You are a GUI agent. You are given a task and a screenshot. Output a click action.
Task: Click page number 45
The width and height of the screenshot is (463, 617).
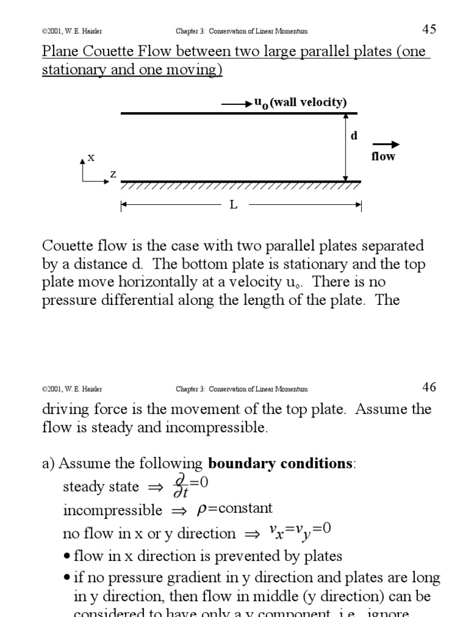[429, 29]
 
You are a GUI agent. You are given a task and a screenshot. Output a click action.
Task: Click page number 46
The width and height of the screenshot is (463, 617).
[429, 387]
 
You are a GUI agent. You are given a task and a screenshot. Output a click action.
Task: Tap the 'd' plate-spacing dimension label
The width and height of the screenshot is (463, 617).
[354, 136]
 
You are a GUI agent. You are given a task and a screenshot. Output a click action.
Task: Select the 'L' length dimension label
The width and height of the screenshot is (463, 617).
[233, 205]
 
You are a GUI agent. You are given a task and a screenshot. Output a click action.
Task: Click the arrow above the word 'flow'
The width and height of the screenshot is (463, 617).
[386, 144]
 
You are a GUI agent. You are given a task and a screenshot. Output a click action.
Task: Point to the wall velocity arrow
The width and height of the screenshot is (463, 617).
[237, 104]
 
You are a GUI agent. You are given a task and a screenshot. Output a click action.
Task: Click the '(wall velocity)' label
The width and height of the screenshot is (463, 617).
[308, 102]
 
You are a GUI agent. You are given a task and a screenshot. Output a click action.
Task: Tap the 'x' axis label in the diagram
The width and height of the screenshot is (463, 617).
[91, 157]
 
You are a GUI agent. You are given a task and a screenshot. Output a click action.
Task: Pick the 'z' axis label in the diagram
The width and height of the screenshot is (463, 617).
[113, 174]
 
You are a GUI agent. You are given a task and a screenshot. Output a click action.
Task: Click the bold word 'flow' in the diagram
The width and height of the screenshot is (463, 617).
[383, 157]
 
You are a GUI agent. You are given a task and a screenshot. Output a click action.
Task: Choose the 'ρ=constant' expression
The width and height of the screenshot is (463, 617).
[235, 509]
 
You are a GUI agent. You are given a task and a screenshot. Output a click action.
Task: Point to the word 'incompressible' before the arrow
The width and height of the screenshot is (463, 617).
[113, 510]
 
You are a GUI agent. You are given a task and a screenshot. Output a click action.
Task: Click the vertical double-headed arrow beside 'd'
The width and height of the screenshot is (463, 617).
[345, 146]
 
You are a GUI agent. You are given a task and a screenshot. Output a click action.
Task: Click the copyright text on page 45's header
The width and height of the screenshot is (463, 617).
[68, 31]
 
